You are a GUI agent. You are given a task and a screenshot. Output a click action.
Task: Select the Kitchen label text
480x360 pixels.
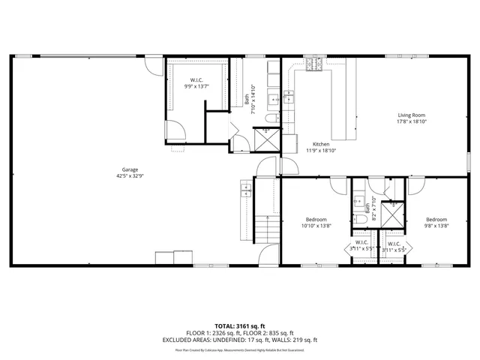[322, 144]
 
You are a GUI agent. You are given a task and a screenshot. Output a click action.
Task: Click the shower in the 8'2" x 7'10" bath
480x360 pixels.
[391, 214]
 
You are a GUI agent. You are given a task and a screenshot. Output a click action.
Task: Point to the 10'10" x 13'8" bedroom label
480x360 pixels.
[315, 225]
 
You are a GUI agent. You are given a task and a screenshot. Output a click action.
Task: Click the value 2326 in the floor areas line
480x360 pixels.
[223, 332]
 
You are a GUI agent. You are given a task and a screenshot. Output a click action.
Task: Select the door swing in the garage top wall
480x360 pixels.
[154, 66]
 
